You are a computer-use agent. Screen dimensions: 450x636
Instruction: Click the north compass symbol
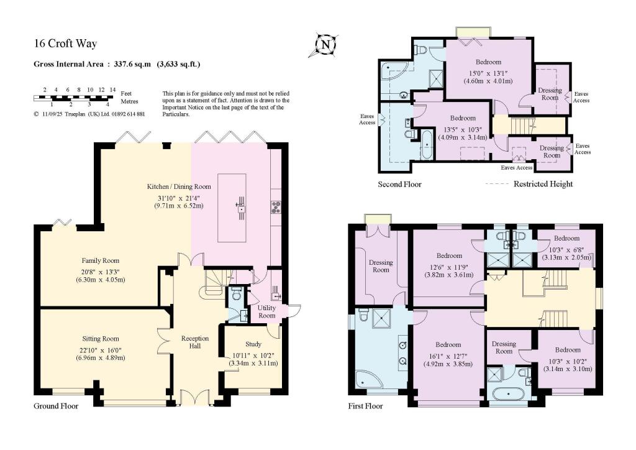(x=325, y=45)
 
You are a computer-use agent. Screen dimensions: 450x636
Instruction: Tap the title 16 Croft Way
(x=65, y=44)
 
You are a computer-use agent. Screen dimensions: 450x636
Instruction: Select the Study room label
(x=253, y=344)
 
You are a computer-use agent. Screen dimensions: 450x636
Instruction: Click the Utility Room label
(x=266, y=311)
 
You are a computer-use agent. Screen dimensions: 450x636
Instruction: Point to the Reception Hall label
(x=194, y=342)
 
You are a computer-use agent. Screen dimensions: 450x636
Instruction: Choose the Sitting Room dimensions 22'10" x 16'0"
(x=100, y=349)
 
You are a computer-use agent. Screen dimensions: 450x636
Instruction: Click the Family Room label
(x=100, y=260)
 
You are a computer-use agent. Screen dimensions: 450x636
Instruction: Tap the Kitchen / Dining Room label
(x=179, y=186)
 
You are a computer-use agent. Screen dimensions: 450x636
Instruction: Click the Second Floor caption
(x=399, y=184)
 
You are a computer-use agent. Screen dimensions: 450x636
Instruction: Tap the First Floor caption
(x=366, y=406)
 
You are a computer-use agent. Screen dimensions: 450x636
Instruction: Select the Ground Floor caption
(x=55, y=406)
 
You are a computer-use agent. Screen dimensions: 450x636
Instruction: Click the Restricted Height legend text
(x=542, y=184)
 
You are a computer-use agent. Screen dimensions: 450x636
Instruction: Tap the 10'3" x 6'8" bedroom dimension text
(x=566, y=248)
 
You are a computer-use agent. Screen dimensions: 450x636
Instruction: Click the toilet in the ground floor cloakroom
(x=235, y=293)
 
